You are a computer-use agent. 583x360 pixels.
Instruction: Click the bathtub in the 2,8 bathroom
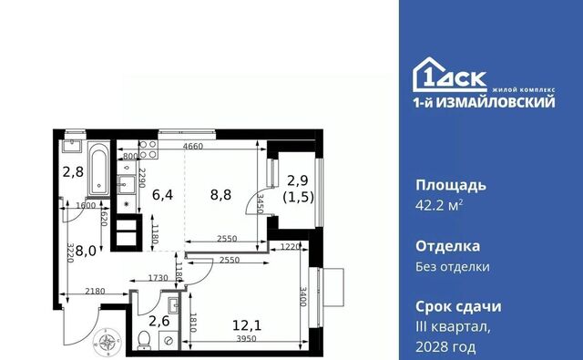[99, 170]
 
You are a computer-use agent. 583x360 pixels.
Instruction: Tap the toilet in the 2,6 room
[144, 340]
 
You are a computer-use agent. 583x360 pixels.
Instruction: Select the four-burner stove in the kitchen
[148, 149]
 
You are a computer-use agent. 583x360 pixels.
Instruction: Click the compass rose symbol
[107, 341]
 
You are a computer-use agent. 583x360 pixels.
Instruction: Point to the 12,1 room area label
[247, 325]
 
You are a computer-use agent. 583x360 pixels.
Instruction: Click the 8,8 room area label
[220, 194]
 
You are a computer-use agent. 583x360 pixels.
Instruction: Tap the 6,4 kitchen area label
[162, 194]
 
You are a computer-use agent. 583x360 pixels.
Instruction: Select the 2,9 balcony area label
[298, 180]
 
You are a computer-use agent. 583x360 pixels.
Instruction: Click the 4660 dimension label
[193, 146]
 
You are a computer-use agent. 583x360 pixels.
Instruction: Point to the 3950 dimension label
[247, 339]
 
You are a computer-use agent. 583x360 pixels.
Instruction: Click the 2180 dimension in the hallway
[95, 292]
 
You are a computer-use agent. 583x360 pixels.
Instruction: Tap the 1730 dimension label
[158, 278]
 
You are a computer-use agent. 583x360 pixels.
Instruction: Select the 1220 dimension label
[290, 247]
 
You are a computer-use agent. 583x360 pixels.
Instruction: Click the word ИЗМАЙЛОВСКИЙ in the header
[495, 102]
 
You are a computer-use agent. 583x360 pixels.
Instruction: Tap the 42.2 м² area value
[439, 205]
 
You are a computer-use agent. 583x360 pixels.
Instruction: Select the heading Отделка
[447, 246]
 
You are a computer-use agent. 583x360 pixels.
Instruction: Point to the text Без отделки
[453, 267]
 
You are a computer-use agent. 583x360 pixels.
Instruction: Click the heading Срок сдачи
[458, 307]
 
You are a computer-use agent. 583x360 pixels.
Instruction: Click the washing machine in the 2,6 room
[169, 340]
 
